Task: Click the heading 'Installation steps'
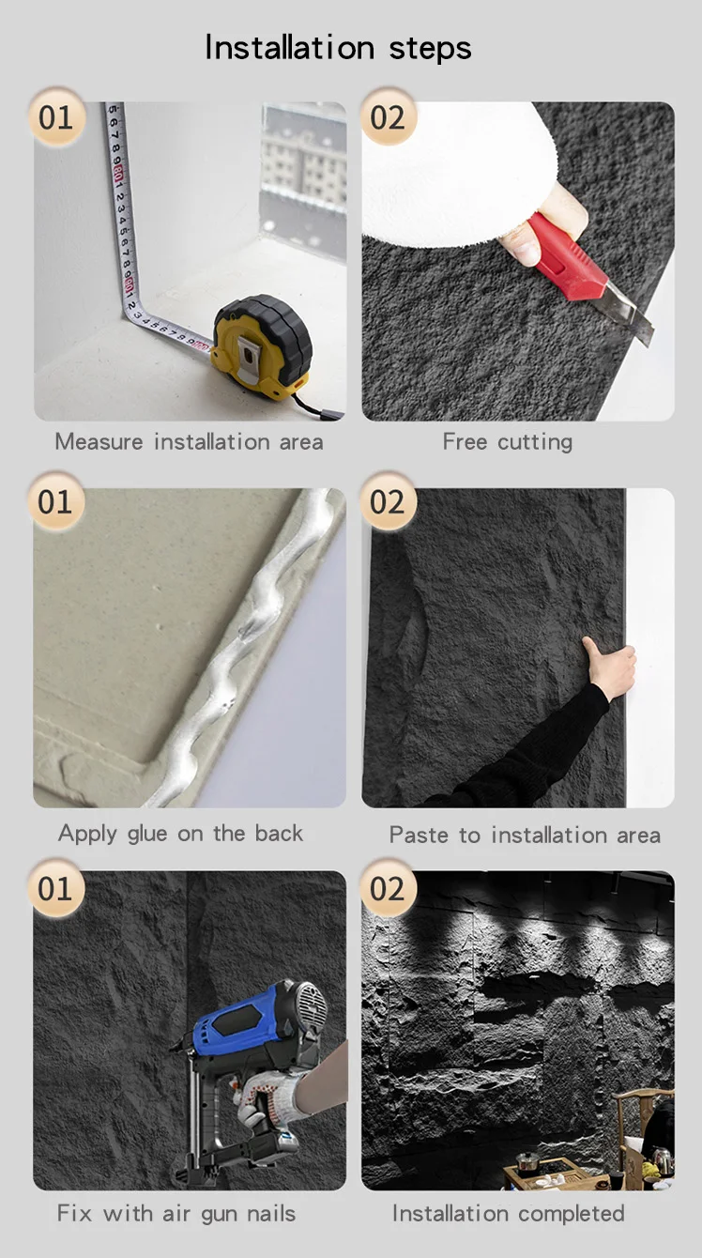tap(338, 48)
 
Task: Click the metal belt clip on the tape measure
tap(248, 360)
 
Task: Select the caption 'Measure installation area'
tap(189, 442)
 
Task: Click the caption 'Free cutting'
tap(508, 442)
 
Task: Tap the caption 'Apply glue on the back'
tap(180, 834)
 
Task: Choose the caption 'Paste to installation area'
tap(525, 836)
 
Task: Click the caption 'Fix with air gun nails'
tap(175, 1214)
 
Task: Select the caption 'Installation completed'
tap(509, 1214)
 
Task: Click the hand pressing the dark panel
tap(610, 668)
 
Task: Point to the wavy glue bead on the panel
tap(247, 646)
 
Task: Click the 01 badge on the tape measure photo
tap(56, 116)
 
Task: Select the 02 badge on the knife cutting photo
tap(388, 116)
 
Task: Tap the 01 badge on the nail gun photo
tap(56, 888)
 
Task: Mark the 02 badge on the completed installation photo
tap(388, 888)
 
